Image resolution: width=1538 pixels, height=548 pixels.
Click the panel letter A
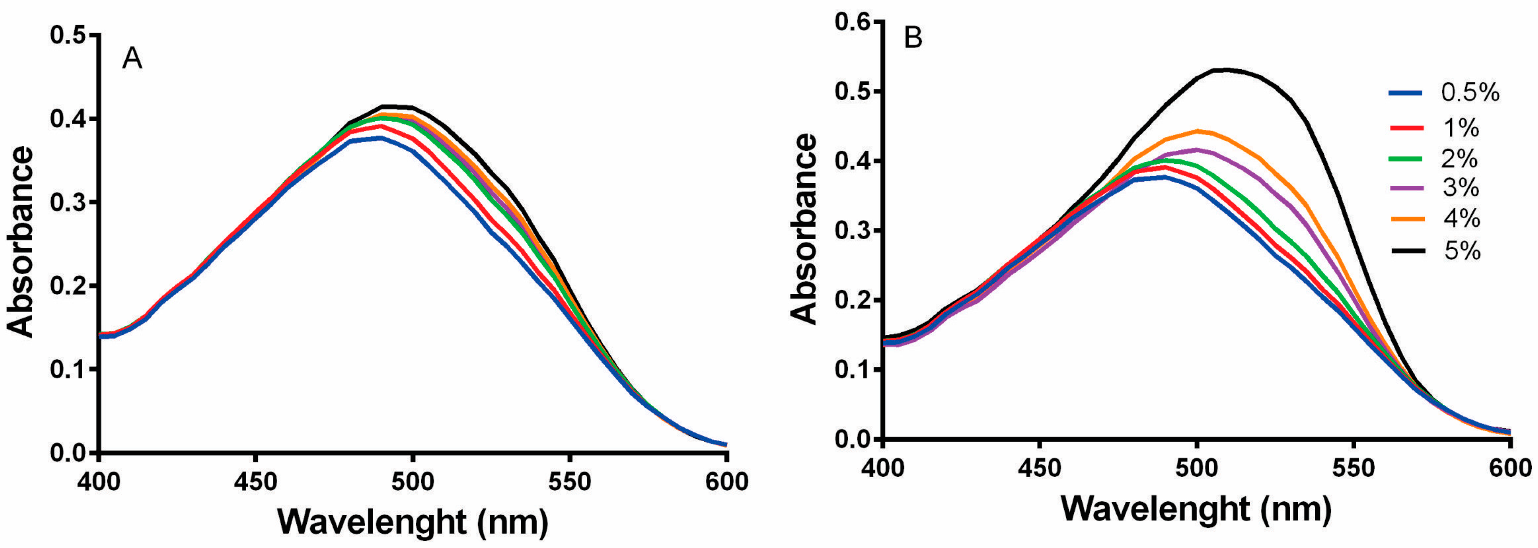[x=132, y=58]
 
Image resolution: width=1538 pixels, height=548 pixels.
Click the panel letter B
[x=913, y=38]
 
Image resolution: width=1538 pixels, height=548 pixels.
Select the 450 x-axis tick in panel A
[x=256, y=481]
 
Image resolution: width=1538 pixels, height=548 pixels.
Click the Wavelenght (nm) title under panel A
[x=413, y=522]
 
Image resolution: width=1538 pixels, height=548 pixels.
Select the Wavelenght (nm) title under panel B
[x=1196, y=509]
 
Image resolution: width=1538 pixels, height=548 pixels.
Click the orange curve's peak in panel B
[x=1196, y=130]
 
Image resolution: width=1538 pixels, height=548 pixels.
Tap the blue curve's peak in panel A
[x=380, y=137]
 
